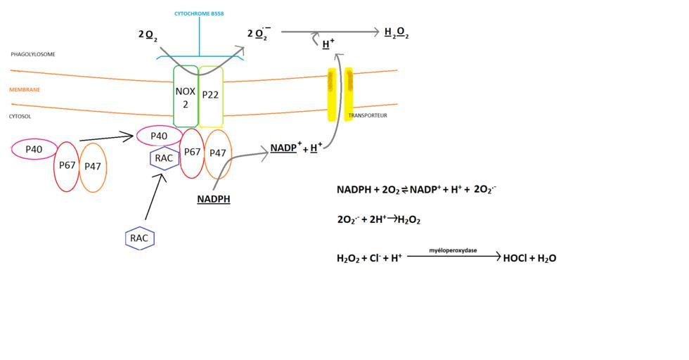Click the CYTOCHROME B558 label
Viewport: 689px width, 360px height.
[200, 14]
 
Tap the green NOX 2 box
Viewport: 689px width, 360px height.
[185, 97]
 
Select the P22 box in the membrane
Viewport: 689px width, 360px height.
[211, 96]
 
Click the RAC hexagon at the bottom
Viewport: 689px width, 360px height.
[139, 238]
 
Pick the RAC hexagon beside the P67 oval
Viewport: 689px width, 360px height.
[164, 158]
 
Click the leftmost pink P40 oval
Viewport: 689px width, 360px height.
[34, 149]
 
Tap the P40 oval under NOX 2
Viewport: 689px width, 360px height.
[159, 135]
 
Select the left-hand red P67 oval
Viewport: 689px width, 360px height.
[67, 166]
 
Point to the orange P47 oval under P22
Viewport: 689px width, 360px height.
[218, 153]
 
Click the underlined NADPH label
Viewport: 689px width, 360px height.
[214, 200]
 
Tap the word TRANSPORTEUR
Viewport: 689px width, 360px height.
[368, 115]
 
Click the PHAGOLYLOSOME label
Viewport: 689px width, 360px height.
[33, 54]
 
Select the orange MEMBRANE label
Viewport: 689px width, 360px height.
[25, 90]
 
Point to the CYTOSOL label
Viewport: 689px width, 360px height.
[21, 117]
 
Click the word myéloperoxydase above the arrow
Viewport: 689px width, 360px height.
[452, 250]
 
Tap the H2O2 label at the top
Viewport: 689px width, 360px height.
[397, 33]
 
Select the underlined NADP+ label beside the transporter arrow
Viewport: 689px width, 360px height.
[285, 148]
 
